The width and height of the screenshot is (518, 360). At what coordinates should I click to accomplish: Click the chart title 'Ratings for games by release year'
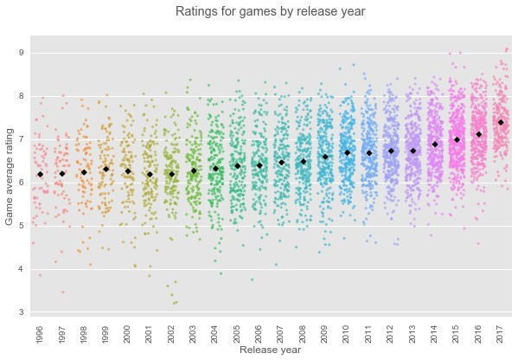[270, 11]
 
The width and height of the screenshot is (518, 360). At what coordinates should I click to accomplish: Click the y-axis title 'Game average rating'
[9, 177]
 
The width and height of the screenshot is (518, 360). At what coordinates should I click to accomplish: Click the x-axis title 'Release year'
[270, 350]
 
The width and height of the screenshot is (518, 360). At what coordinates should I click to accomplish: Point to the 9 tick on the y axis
[22, 53]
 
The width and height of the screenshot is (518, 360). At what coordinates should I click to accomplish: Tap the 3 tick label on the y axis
[22, 312]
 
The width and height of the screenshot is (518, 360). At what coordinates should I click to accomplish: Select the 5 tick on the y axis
[22, 226]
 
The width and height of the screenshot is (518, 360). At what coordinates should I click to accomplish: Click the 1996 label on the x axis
[40, 334]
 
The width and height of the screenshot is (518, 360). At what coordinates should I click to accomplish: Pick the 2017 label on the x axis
[500, 334]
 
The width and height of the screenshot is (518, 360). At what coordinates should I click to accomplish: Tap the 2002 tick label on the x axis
[171, 334]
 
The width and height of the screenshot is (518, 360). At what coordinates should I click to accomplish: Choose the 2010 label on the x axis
[347, 334]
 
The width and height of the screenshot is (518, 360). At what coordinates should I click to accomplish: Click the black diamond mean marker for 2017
[501, 122]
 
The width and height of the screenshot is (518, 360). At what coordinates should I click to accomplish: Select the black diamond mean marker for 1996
[41, 174]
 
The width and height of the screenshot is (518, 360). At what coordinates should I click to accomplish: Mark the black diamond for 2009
[325, 157]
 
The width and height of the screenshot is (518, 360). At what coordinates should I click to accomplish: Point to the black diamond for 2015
[457, 140]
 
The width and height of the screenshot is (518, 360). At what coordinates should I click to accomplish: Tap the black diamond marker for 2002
[172, 174]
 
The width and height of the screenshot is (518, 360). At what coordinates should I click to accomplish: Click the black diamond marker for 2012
[391, 151]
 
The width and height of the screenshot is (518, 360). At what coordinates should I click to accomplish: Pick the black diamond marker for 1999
[106, 170]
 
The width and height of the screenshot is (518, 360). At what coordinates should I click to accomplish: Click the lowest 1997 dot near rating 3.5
[63, 292]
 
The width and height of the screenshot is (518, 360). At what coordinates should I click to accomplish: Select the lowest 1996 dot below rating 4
[41, 275]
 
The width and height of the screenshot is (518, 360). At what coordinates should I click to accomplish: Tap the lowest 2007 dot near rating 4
[276, 265]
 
